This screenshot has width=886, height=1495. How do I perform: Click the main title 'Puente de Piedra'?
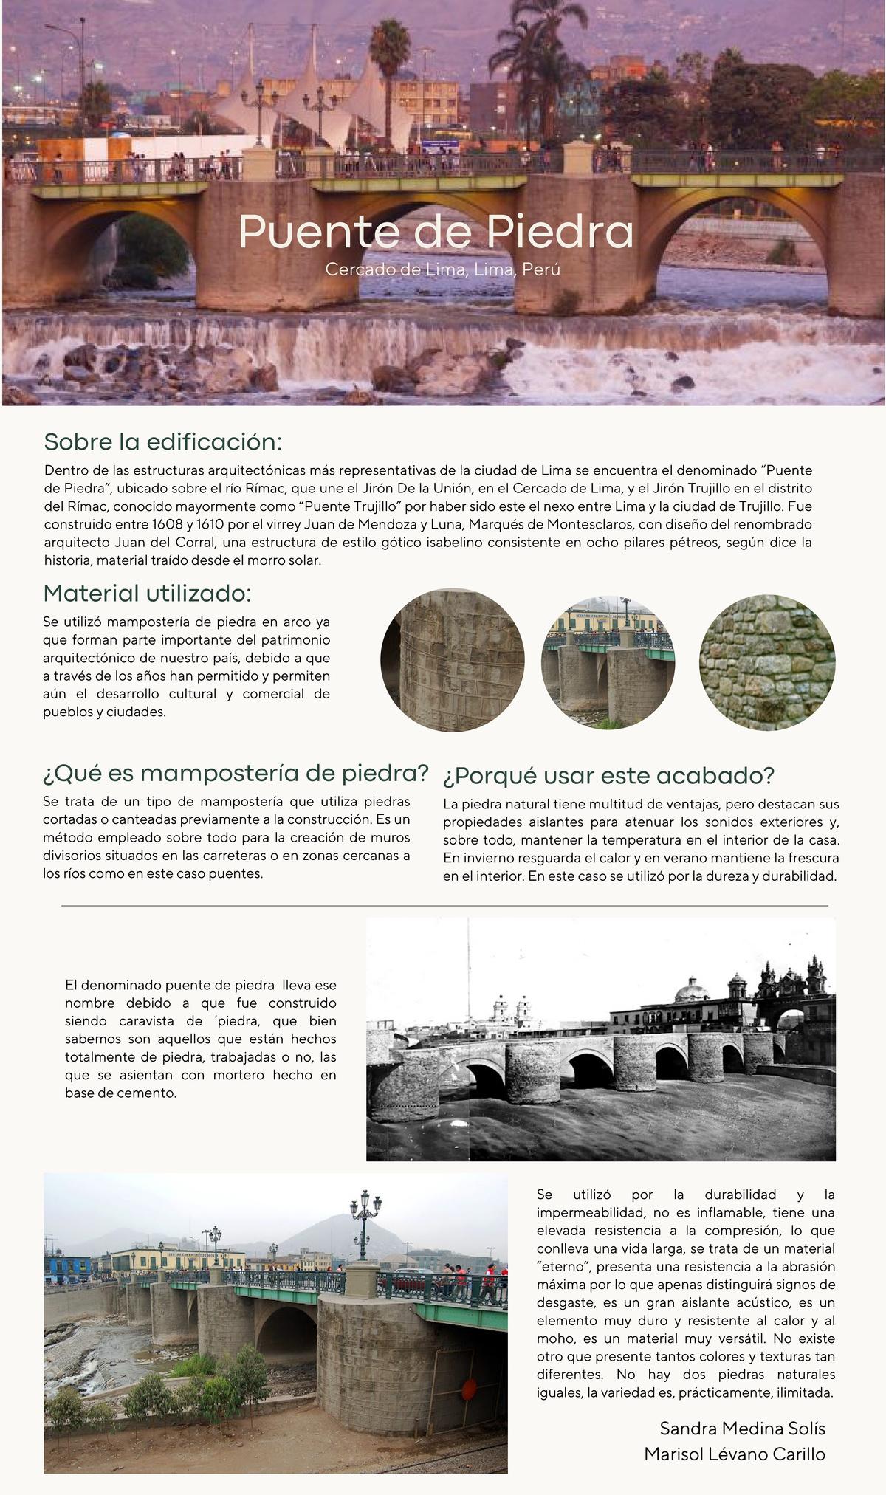coord(436,232)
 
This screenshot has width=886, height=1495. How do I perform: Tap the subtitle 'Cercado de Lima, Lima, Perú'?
coord(442,269)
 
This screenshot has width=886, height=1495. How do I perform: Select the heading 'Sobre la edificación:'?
coord(163,442)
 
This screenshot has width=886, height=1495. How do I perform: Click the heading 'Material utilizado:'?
coord(147,593)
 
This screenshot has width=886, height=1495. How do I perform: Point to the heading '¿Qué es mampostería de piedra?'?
coord(236,773)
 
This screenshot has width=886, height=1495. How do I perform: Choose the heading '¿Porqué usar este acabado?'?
coord(608,776)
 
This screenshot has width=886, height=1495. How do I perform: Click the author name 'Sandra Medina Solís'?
coord(742,1428)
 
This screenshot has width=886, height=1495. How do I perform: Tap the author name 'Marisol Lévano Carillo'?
coord(734,1454)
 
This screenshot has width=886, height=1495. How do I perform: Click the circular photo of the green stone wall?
coord(767,661)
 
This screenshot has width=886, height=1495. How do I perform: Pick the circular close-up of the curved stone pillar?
coord(453,660)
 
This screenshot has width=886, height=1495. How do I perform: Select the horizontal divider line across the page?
coord(444,905)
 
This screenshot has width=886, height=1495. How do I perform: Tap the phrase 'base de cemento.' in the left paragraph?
coord(121,1093)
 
